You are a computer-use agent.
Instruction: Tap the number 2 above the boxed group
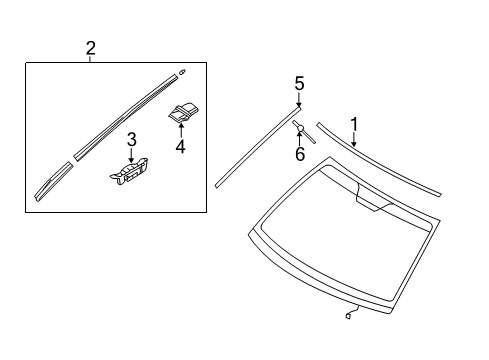[x=91, y=47]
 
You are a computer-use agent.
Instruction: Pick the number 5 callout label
[x=298, y=82]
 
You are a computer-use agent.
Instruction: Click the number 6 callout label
[x=298, y=155]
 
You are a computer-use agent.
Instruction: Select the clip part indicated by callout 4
[x=182, y=114]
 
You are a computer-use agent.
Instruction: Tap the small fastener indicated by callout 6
[x=299, y=127]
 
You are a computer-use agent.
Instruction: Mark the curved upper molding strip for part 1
[x=380, y=160]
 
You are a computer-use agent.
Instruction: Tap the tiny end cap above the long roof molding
[x=183, y=72]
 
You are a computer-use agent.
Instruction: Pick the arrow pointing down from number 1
[x=353, y=139]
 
